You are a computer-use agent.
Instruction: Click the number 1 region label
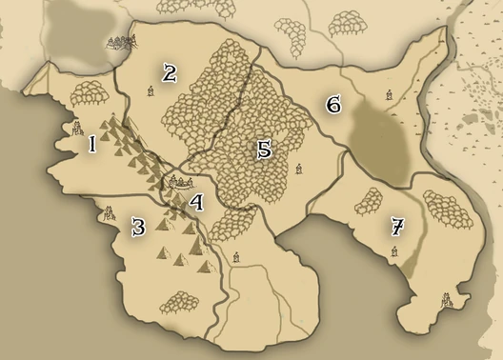[92, 145]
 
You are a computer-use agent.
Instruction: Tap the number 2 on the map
[170, 72]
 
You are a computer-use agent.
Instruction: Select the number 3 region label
[138, 227]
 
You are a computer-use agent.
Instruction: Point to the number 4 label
[196, 202]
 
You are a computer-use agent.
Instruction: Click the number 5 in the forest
[264, 150]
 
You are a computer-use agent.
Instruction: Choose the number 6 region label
[332, 105]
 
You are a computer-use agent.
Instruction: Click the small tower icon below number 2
[151, 91]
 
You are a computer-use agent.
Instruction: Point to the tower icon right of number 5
[298, 170]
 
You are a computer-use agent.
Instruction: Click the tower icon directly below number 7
[393, 250]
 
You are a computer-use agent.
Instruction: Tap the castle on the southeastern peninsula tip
[444, 303]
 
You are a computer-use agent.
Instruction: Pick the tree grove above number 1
[89, 93]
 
